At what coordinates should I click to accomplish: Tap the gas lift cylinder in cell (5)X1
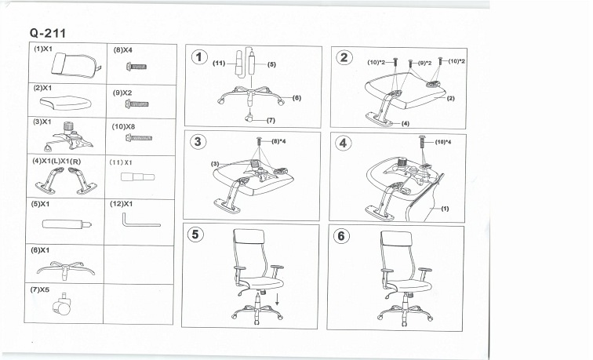pos(67,224)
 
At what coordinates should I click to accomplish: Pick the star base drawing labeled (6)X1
pos(66,268)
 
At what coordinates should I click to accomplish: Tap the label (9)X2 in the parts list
pos(122,93)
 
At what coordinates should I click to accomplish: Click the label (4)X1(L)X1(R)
pos(58,161)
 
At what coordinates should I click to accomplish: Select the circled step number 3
pos(199,142)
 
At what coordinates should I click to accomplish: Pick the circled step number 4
pos(344,143)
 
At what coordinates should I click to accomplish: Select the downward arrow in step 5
pos(276,302)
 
